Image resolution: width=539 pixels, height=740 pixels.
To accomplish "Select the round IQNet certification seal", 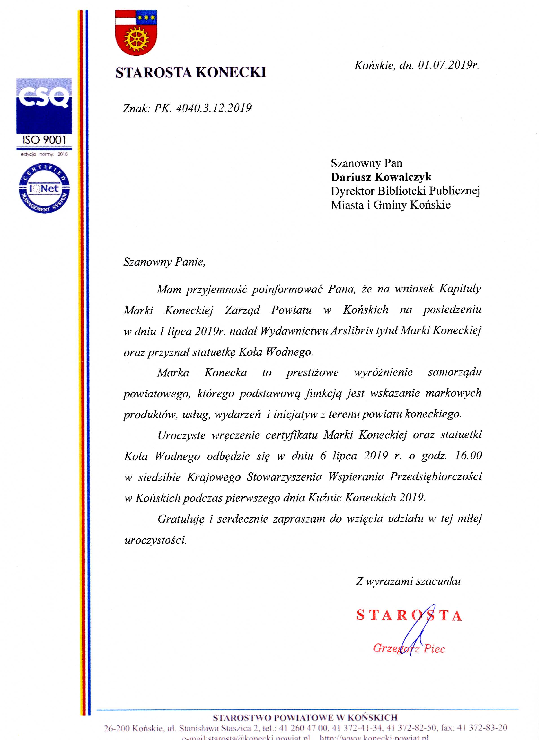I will (x=44, y=188).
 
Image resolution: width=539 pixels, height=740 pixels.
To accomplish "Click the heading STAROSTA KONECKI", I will (x=191, y=72).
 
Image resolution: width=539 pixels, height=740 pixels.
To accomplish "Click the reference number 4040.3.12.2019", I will (x=214, y=108).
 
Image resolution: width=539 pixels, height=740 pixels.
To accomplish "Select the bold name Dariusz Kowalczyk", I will (x=381, y=177).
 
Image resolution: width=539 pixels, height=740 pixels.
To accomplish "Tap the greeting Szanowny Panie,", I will (x=164, y=262).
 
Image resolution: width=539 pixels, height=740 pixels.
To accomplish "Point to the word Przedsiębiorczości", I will (x=435, y=477).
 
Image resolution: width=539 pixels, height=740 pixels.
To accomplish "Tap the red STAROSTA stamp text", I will (x=409, y=616).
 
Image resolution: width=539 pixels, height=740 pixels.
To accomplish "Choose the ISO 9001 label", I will (x=44, y=140).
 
